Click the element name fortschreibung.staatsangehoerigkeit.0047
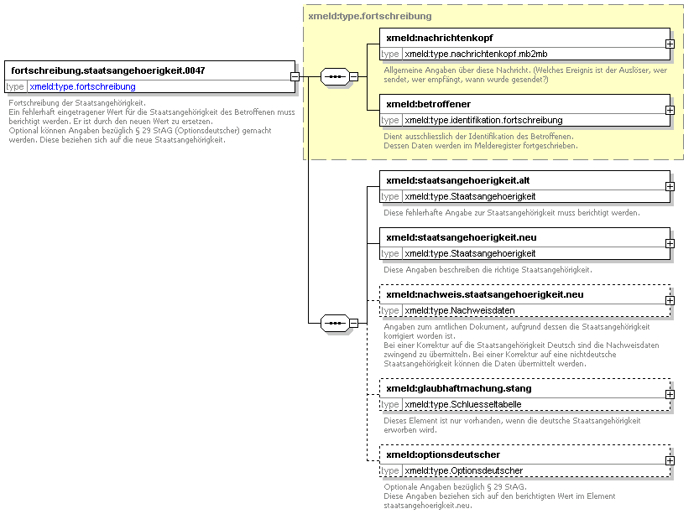[108, 70]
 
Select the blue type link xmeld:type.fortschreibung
[82, 86]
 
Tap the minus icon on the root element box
[295, 76]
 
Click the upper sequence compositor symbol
[335, 76]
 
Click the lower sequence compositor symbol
[335, 323]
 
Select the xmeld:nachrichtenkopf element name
[440, 38]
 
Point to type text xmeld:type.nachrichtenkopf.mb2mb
[476, 54]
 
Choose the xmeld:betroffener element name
[429, 104]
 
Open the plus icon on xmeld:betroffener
[670, 110]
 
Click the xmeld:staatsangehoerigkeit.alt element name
[458, 180]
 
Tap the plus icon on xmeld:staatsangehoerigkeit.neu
[670, 244]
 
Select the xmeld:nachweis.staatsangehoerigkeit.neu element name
[485, 294]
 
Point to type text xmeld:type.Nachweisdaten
[460, 310]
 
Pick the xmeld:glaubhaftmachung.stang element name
[459, 388]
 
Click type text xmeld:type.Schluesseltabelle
[463, 404]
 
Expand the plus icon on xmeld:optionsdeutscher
[670, 460]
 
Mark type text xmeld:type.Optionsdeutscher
[463, 470]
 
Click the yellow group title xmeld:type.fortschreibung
[370, 16]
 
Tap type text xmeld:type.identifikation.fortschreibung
[483, 120]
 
